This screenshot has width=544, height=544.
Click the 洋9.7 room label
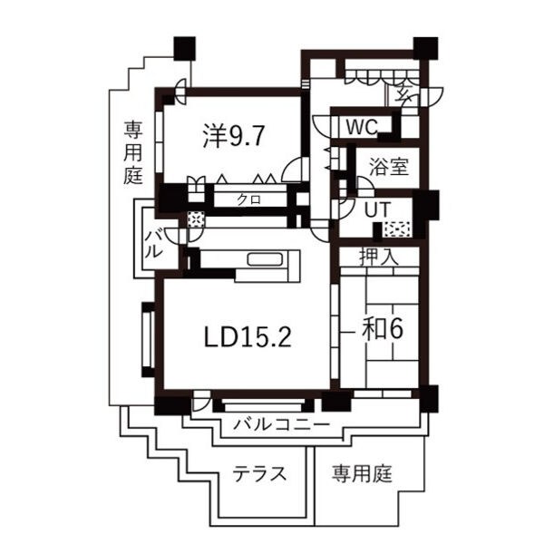[x=233, y=136]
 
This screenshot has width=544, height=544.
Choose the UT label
[x=377, y=209]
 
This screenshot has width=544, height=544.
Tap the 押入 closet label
[x=380, y=257]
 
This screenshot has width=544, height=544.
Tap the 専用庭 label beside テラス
[x=361, y=473]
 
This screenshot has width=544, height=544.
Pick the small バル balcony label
[x=153, y=246]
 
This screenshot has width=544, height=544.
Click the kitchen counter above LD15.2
[x=248, y=260]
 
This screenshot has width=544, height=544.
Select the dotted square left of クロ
[x=194, y=219]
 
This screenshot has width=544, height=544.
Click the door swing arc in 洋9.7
[x=294, y=170]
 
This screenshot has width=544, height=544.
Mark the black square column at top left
[x=186, y=47]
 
